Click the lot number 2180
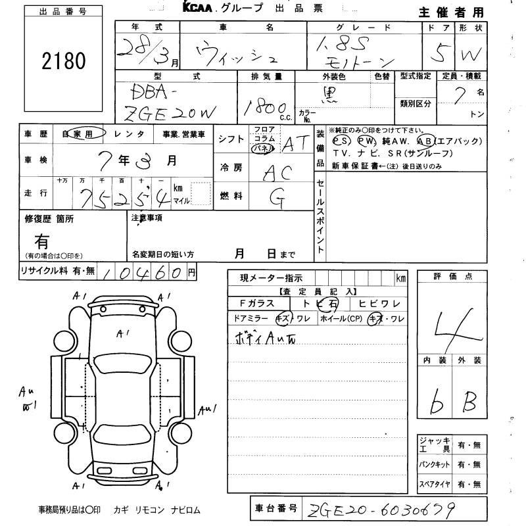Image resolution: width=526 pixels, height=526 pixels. (x=64, y=62)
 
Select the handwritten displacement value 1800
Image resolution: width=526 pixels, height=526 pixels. (x=262, y=107)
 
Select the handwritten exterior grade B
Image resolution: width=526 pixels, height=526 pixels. (x=468, y=402)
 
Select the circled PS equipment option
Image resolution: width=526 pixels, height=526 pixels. (x=341, y=141)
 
